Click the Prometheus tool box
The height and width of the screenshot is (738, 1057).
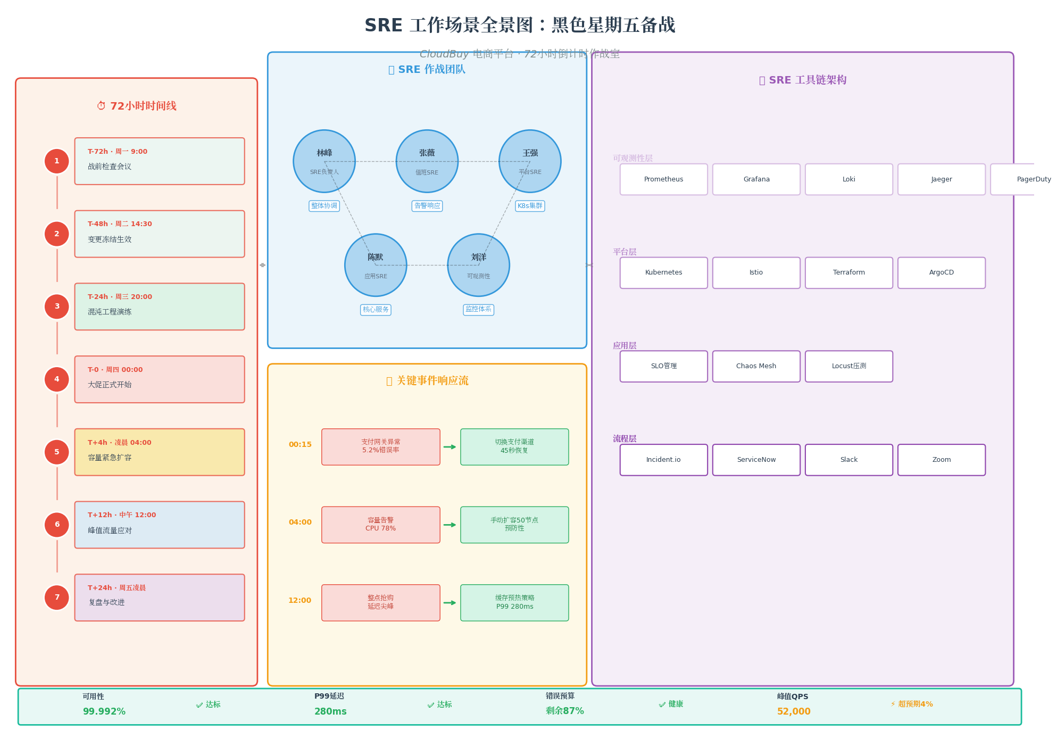point(663,179)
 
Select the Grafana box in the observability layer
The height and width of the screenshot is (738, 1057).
point(756,179)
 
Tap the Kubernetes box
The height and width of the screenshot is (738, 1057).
point(663,272)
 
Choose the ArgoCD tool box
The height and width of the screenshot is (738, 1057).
point(941,272)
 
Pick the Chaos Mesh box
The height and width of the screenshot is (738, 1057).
point(756,366)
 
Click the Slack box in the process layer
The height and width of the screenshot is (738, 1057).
point(848,460)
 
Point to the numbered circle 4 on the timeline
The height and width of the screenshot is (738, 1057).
point(57,379)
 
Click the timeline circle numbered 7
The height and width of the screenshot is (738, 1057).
point(57,598)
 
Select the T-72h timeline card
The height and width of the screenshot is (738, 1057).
point(160,161)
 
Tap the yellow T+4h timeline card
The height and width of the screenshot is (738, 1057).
point(160,452)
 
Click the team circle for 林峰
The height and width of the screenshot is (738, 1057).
point(324,161)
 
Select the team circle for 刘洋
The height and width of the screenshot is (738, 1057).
point(478,265)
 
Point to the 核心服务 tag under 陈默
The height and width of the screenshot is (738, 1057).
point(376,310)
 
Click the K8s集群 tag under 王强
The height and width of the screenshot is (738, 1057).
point(530,206)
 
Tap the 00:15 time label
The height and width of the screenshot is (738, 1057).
point(300,444)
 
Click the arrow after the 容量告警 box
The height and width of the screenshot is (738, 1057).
point(450,525)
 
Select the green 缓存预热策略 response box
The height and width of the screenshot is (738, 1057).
point(514,602)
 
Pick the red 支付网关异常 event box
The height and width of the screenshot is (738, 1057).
point(380,446)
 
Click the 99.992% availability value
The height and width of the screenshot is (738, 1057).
point(104,711)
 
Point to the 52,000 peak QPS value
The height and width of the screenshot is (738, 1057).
point(794,711)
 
